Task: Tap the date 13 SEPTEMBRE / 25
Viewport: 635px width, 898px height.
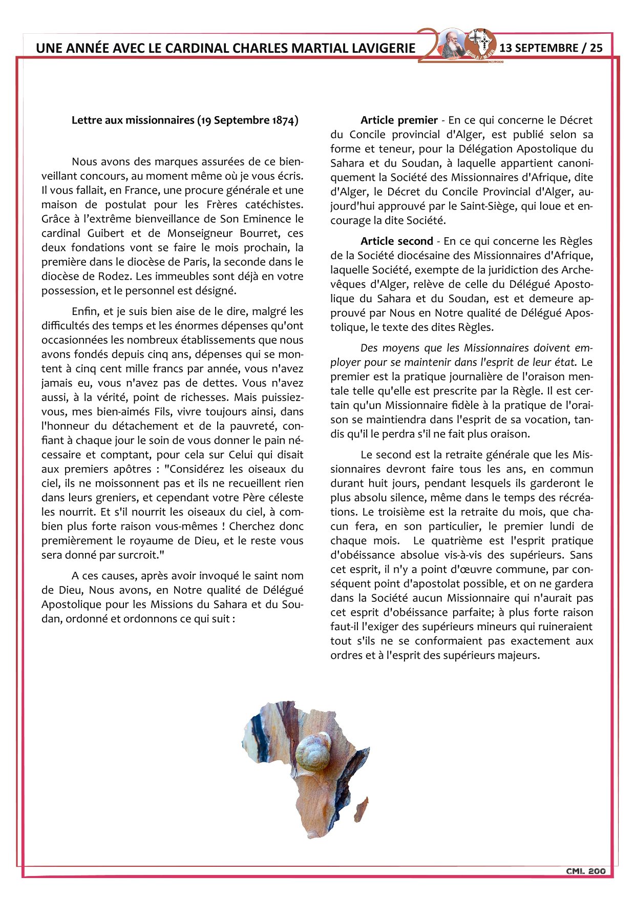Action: [551, 48]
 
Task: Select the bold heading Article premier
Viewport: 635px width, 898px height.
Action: [399, 120]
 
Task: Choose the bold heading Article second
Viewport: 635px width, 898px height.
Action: [396, 241]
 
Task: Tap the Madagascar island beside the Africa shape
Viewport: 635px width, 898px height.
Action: [362, 808]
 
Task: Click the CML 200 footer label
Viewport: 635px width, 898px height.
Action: [585, 871]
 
